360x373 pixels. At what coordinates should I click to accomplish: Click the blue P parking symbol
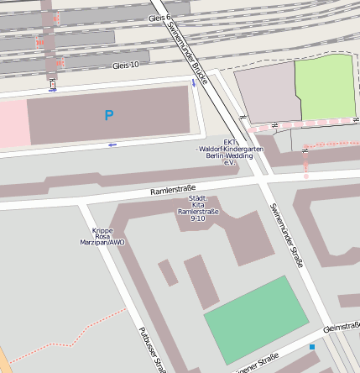pos(108,115)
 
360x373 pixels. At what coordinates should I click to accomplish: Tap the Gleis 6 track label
pos(159,17)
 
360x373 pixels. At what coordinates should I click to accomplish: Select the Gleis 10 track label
pos(131,65)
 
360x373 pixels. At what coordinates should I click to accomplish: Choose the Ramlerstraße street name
pos(172,191)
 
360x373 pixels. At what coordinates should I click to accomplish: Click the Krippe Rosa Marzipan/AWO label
pos(108,237)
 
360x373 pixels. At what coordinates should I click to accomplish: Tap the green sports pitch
pos(256,319)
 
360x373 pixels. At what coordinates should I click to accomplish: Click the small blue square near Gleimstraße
pos(312,346)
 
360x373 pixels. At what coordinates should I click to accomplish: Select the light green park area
pos(325,88)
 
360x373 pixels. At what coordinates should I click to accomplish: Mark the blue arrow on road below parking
pos(112,144)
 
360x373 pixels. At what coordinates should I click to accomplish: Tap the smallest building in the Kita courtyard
pos(169,271)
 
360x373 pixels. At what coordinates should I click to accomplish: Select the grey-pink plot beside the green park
pos(265,94)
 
